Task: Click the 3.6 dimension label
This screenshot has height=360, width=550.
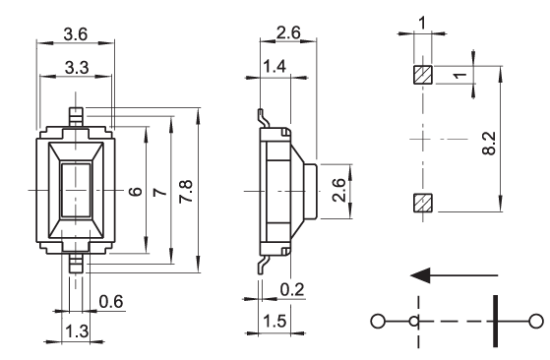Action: pos(75,34)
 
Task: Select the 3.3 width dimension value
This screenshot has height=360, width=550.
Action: pos(77,67)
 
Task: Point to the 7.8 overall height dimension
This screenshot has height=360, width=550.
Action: pos(186,192)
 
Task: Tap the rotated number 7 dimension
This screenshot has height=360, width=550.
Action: pos(160,192)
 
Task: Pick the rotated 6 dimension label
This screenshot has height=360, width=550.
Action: pos(136,192)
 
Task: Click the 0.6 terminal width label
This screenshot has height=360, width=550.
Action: pos(111,302)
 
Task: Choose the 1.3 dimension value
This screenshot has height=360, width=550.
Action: pos(77,330)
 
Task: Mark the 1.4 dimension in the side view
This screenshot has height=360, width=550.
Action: pos(275,66)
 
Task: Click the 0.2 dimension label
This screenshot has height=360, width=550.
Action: pos(292,289)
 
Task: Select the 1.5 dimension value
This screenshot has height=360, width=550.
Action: pos(275,321)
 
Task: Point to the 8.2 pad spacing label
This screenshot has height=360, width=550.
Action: pos(489,144)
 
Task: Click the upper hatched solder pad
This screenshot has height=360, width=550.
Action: pos(423,75)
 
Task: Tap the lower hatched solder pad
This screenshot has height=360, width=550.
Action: pos(423,203)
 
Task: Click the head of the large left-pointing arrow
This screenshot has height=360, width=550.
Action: pos(420,275)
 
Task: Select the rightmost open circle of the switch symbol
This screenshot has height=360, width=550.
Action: pos(535,321)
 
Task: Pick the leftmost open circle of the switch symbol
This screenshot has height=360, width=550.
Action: pos(378,321)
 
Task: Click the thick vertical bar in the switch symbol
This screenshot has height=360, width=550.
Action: pos(495,321)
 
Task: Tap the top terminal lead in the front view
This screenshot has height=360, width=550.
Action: pos(76,117)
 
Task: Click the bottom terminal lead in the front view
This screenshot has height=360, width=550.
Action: pos(76,263)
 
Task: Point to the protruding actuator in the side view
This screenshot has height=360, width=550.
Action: pos(311,192)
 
